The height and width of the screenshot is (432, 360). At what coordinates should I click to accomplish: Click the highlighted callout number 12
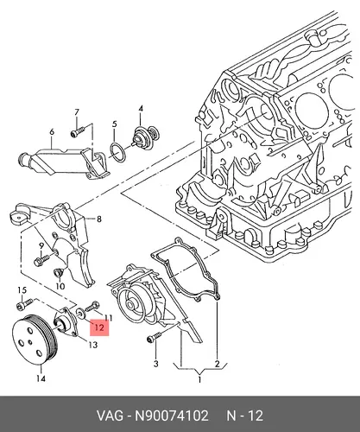pos(99,327)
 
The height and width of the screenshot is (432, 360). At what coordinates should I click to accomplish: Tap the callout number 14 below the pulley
pos(41,378)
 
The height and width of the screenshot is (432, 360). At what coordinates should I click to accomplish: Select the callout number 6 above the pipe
pos(52,132)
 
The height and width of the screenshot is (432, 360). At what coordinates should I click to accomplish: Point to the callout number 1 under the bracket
pos(199,379)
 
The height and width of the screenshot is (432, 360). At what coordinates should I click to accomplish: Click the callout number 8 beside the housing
pos(99,219)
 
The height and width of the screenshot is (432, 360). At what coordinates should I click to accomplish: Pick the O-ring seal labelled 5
pos(117,151)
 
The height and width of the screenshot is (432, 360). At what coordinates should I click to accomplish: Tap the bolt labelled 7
pos(77,132)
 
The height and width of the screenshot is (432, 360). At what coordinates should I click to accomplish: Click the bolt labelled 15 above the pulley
pos(24,303)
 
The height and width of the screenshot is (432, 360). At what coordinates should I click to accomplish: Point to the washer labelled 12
pos(80,314)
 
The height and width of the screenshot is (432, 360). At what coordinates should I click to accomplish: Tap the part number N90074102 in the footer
pos(172,416)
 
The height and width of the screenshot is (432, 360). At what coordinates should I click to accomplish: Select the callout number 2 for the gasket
pos(217,364)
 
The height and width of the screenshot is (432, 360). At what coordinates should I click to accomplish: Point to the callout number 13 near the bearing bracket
pos(92,345)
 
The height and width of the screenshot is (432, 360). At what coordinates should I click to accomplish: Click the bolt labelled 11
pos(92,307)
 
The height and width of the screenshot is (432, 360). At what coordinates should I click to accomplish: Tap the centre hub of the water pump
pos(131,305)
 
